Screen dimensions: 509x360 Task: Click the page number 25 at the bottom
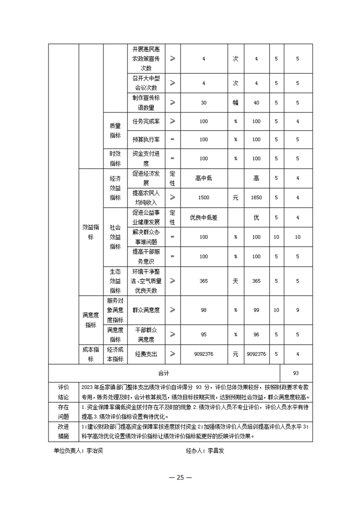tap(180, 477)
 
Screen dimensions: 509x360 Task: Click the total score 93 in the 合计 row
tap(296, 373)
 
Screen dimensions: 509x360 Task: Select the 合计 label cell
tap(163, 373)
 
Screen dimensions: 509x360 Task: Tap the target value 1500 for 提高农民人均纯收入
tap(203, 197)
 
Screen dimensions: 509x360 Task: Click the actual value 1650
tap(256, 197)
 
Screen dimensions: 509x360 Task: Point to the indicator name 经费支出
tap(146, 354)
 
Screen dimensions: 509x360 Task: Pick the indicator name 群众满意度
tap(146, 310)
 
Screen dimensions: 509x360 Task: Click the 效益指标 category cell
tap(91, 233)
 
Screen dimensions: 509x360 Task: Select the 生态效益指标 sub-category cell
tap(115, 281)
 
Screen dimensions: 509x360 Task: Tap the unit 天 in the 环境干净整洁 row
tap(236, 281)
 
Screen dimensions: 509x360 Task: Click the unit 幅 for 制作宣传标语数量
tap(236, 103)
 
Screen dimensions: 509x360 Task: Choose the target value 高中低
tap(203, 178)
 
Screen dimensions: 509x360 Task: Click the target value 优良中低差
tap(203, 217)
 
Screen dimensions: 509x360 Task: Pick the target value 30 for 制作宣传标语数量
tap(203, 103)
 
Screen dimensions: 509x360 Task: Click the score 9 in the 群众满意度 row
tap(297, 310)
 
